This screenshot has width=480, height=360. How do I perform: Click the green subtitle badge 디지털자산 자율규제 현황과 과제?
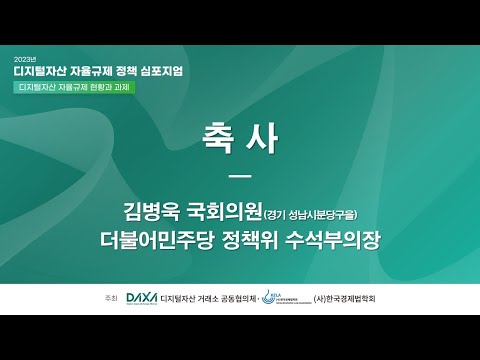(x=74, y=87)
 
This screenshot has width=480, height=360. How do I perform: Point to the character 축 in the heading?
(x=214, y=141)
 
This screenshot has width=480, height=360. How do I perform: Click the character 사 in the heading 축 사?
(x=263, y=141)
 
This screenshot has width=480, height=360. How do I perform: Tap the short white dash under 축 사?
(x=239, y=178)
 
